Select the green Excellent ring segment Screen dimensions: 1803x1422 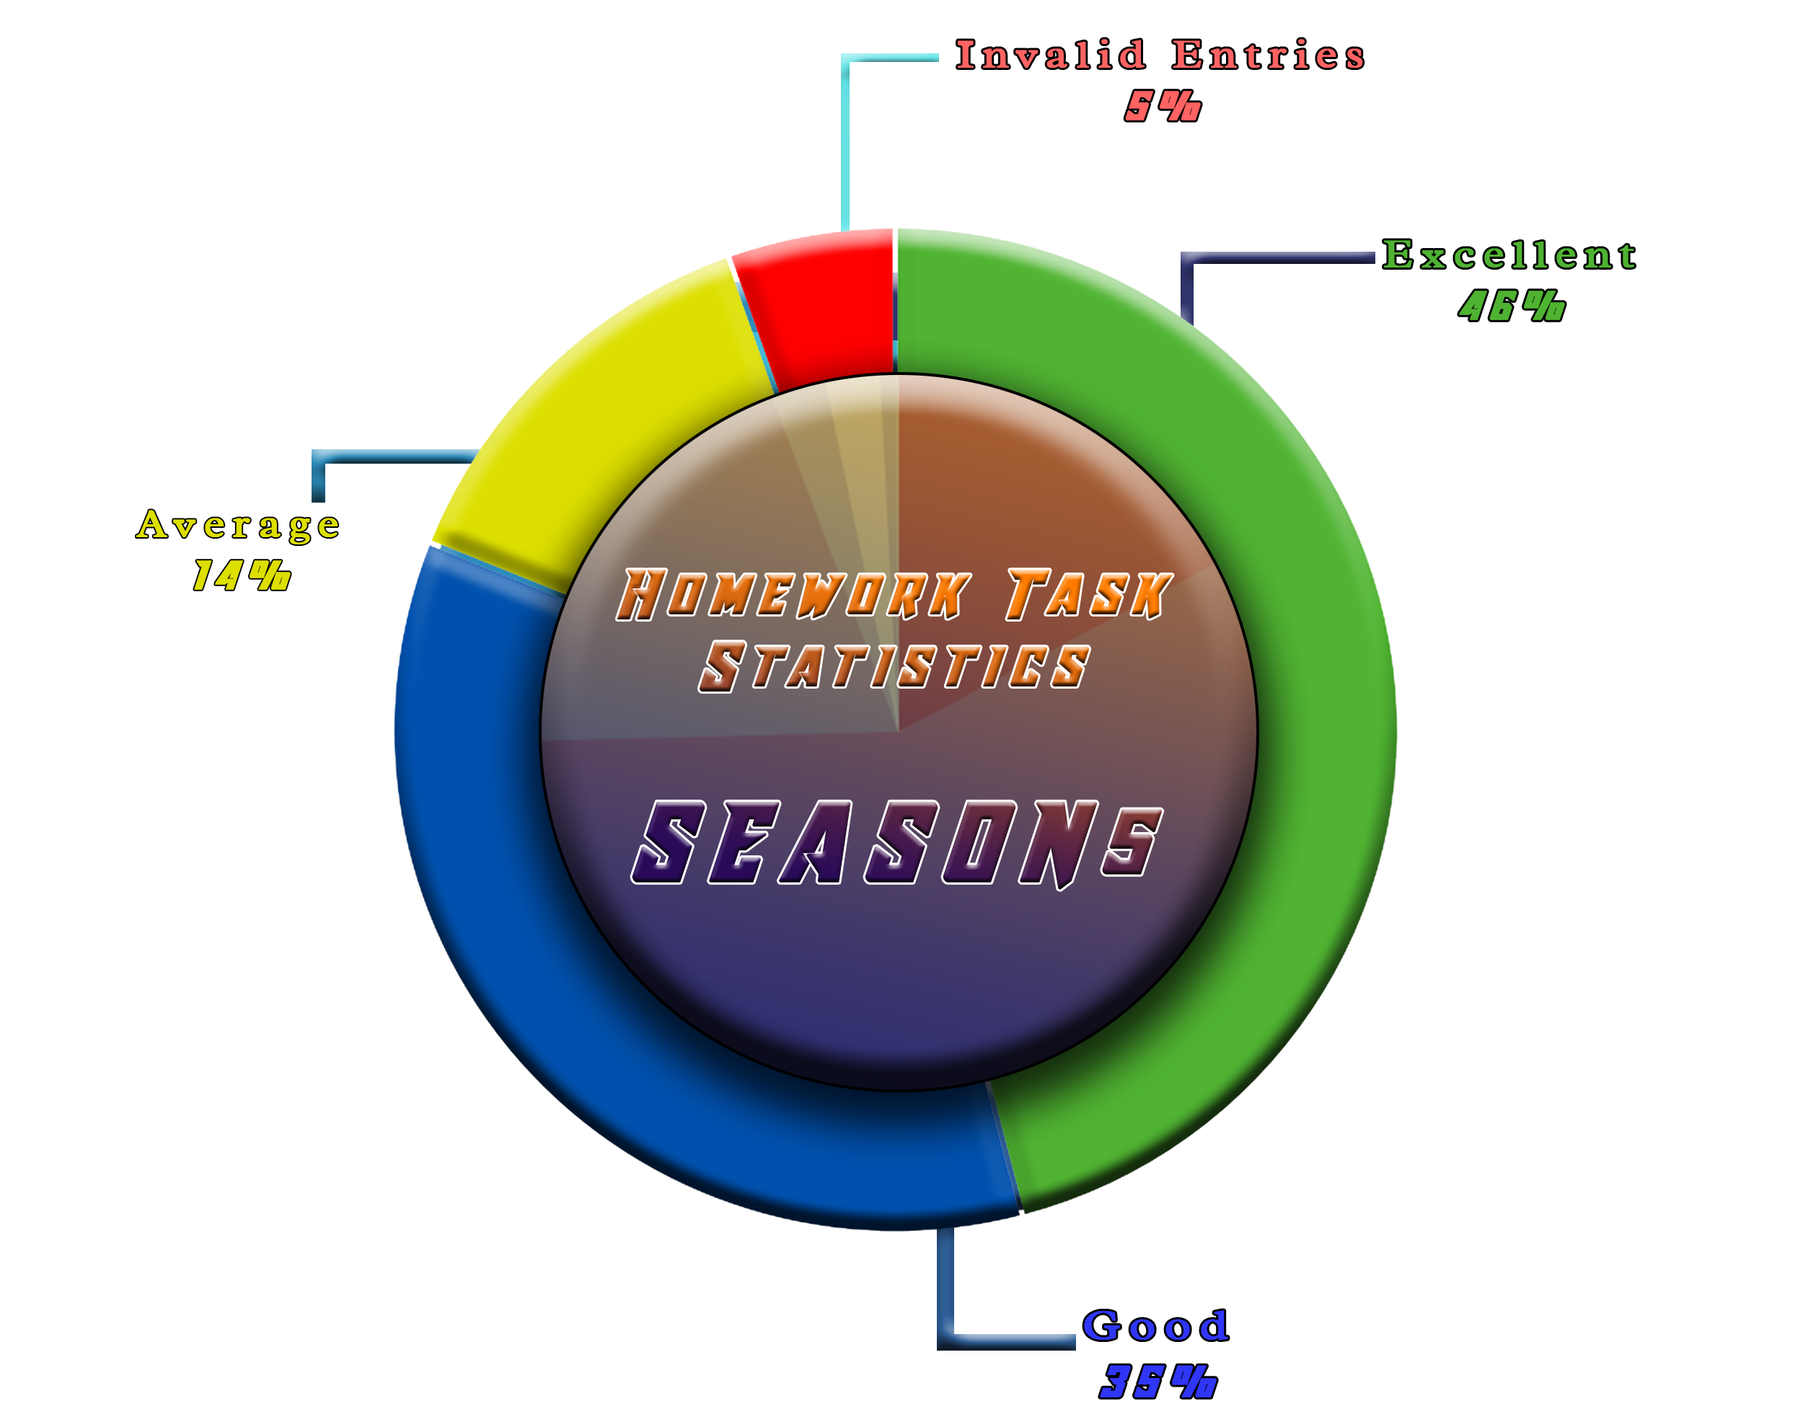click(1299, 724)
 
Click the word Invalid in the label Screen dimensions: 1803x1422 click(1050, 55)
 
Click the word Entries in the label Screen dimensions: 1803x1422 click(1268, 55)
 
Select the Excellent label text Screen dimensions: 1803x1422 click(1509, 255)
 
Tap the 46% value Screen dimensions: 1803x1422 click(1511, 306)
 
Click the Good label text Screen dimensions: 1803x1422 click(1155, 1325)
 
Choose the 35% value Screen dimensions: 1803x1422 click(1158, 1381)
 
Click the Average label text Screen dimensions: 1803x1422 click(238, 526)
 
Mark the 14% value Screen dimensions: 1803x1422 click(242, 575)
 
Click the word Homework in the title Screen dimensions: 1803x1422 click(793, 594)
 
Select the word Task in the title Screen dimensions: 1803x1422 click(1089, 594)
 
